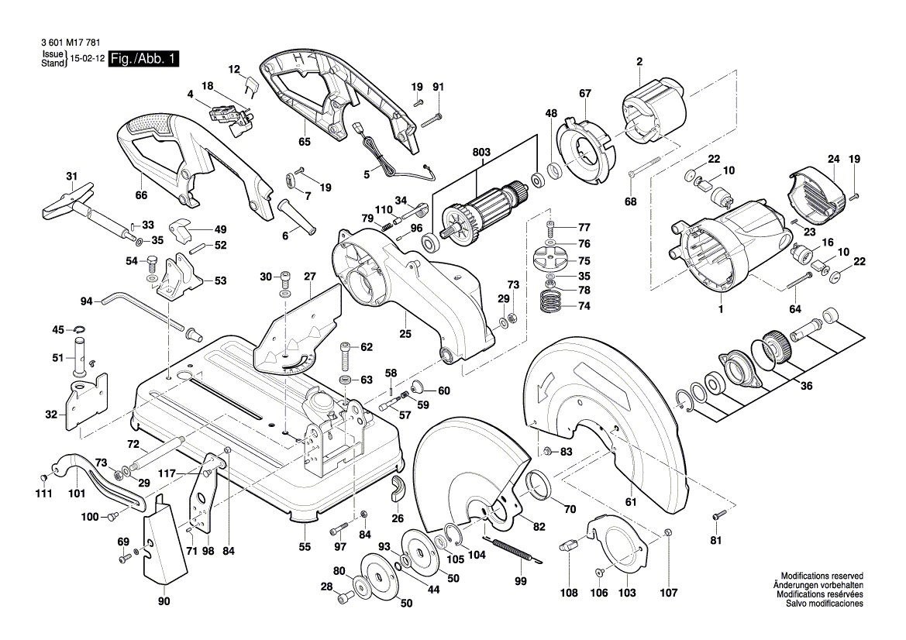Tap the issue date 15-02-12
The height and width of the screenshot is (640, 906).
pos(87,59)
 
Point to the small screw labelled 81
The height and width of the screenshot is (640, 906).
pos(717,515)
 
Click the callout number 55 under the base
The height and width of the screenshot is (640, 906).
pos(305,547)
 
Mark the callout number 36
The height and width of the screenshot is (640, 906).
pos(806,387)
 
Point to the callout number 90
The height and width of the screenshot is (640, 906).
pos(164,601)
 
